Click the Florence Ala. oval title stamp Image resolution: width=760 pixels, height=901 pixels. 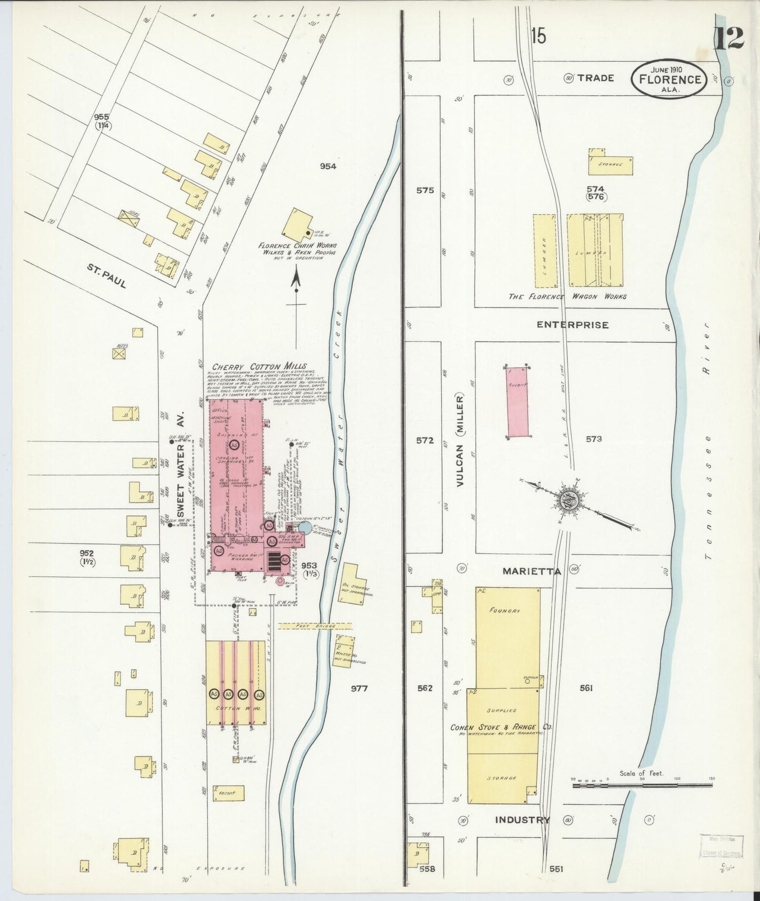(x=669, y=79)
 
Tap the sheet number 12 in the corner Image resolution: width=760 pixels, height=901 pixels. (x=728, y=38)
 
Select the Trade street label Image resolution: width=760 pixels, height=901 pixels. (x=595, y=78)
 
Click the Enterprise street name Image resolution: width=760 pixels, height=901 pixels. (x=572, y=325)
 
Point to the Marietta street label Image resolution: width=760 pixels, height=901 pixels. (x=531, y=571)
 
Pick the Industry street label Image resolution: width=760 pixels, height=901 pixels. (x=522, y=820)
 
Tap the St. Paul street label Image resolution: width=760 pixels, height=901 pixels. (x=107, y=276)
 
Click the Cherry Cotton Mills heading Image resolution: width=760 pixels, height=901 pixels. (x=259, y=366)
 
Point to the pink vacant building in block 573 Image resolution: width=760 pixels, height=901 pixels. (x=517, y=403)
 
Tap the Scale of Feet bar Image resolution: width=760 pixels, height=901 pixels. (x=644, y=785)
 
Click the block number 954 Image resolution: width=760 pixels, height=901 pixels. (x=328, y=167)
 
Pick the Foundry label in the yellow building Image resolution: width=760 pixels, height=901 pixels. (x=504, y=611)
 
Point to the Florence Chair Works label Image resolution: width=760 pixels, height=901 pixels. (x=297, y=245)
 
